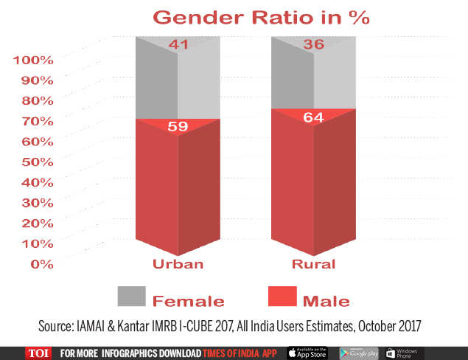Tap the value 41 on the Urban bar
[x=178, y=44]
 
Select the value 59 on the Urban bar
[x=178, y=126]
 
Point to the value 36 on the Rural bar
[x=315, y=44]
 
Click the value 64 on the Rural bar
[x=315, y=117]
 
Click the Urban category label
[x=178, y=264]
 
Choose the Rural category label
[x=314, y=264]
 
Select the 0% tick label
[x=41, y=263]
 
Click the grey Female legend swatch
[x=132, y=296]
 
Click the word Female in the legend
[x=188, y=300]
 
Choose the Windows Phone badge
[x=404, y=353]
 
